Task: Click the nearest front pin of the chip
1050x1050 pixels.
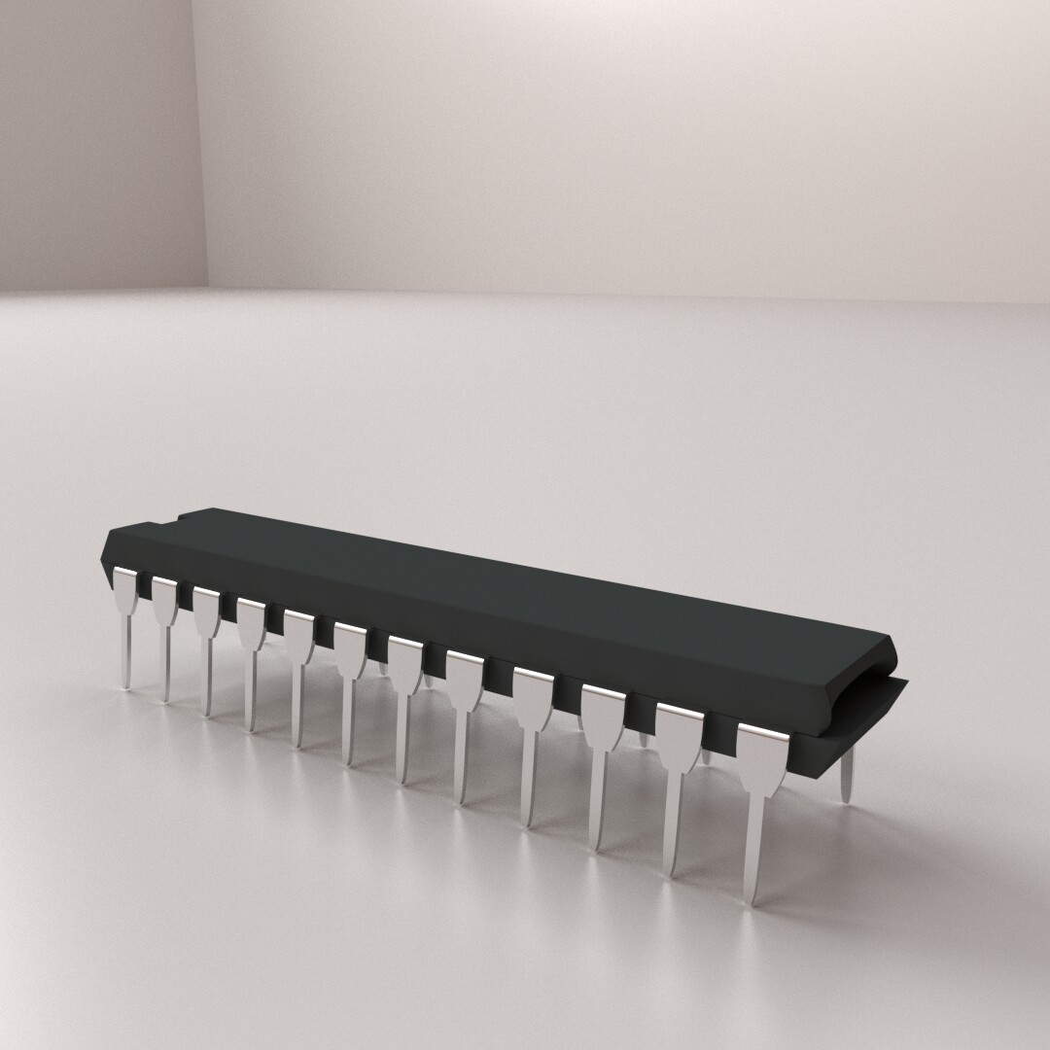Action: pos(761,778)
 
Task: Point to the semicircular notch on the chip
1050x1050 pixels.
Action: pos(176,520)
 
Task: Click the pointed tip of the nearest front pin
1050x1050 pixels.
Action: pos(751,899)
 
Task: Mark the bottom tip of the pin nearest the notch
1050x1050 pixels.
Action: pos(125,685)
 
